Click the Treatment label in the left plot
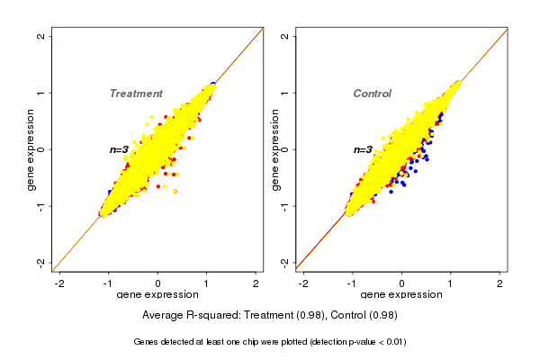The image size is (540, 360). [x=136, y=94]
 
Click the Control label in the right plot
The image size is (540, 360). [x=372, y=94]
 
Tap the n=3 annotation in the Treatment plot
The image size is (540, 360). [x=121, y=149]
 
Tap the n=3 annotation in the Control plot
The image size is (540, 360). [x=363, y=149]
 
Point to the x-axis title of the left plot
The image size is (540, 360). [x=157, y=295]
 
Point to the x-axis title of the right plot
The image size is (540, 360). [x=401, y=295]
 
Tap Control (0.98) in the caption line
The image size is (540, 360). [x=364, y=316]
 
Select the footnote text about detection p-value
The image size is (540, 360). [x=270, y=342]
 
